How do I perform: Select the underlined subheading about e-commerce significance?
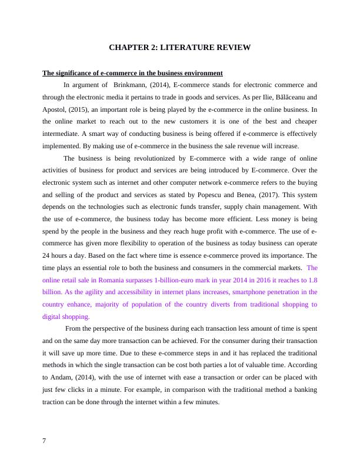(132, 73)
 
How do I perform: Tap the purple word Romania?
(119, 279)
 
